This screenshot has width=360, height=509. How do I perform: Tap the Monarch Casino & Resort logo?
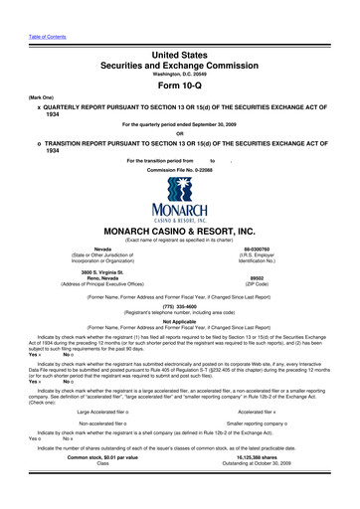[180, 204]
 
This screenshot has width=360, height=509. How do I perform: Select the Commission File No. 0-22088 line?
[180, 170]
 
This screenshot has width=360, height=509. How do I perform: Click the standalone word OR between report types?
[180, 134]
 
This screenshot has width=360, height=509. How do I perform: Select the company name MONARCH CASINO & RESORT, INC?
[180, 230]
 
